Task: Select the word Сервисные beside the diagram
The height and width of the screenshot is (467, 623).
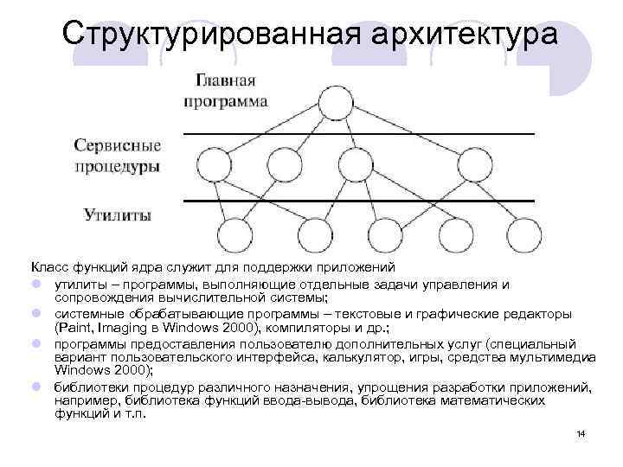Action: click(118, 144)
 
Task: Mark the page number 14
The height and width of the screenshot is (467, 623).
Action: click(581, 432)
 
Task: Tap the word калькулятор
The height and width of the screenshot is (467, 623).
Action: click(324, 357)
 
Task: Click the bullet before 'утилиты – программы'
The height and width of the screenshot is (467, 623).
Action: click(38, 283)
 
